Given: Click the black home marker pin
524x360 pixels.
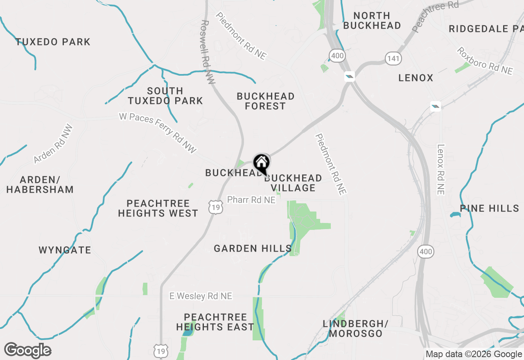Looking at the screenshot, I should tap(261, 164).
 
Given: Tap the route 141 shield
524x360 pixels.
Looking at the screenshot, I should tap(393, 59).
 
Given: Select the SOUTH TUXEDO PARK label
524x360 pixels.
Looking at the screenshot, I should tap(165, 96).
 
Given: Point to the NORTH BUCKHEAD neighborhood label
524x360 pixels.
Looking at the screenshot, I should tap(372, 20).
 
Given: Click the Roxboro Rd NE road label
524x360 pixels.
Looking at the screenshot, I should tap(485, 61).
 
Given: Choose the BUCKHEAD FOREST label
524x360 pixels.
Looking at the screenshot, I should tap(266, 101).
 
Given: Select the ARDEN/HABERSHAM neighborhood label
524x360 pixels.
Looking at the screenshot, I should tap(40, 184).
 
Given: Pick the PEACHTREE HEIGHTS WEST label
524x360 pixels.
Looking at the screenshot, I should tap(158, 208).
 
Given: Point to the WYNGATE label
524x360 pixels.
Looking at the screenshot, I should tap(65, 250).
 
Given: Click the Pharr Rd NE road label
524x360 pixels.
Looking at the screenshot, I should tap(251, 200).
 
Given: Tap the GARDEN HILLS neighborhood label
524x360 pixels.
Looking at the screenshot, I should tap(253, 248).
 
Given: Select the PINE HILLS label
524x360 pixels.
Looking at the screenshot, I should tap(490, 208).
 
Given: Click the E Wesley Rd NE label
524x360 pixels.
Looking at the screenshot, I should tap(201, 296).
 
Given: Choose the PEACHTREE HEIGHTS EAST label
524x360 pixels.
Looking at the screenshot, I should tap(215, 322).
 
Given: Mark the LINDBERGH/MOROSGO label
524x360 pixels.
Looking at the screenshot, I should tap(355, 328).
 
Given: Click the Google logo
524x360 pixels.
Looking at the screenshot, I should tap(27, 351).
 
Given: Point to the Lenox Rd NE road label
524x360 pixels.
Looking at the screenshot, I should tap(440, 169).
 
